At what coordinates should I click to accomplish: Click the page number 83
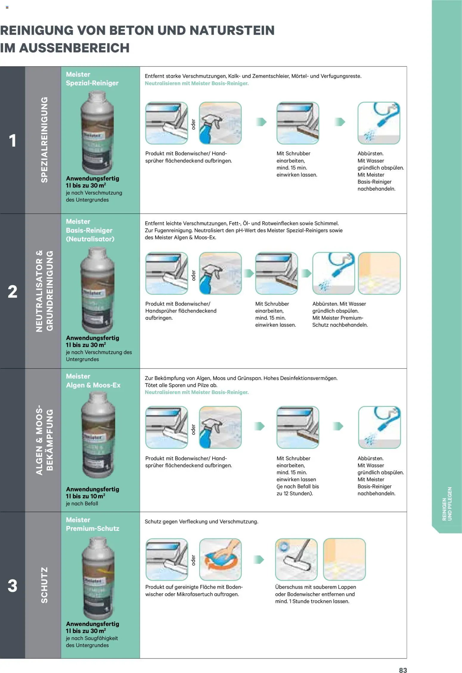pyautogui.click(x=403, y=670)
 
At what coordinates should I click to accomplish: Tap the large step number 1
pyautogui.click(x=12, y=141)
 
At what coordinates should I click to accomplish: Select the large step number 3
pyautogui.click(x=12, y=585)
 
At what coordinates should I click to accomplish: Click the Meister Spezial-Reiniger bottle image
pyautogui.click(x=98, y=133)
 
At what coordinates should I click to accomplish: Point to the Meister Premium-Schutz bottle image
pyautogui.click(x=98, y=578)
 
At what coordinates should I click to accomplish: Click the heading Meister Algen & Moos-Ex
pyautogui.click(x=93, y=381)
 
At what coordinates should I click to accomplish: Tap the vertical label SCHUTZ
pyautogui.click(x=44, y=585)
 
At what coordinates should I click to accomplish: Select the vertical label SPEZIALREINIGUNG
pyautogui.click(x=44, y=140)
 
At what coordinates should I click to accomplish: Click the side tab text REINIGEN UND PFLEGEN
pyautogui.click(x=447, y=504)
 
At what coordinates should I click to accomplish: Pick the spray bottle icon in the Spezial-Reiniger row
pyautogui.click(x=220, y=123)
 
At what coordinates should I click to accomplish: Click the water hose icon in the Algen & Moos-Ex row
pyautogui.click(x=379, y=427)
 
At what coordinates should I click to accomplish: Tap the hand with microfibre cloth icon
pyautogui.click(x=220, y=559)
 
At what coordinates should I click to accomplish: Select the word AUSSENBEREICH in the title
pyautogui.click(x=74, y=48)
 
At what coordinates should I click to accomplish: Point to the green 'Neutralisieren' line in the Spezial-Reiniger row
pyautogui.click(x=196, y=83)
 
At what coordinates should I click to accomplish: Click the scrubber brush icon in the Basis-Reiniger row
pyautogui.click(x=276, y=273)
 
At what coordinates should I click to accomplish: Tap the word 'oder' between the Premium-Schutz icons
pyautogui.click(x=193, y=560)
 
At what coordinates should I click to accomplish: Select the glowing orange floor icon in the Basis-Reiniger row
pyautogui.click(x=379, y=273)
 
